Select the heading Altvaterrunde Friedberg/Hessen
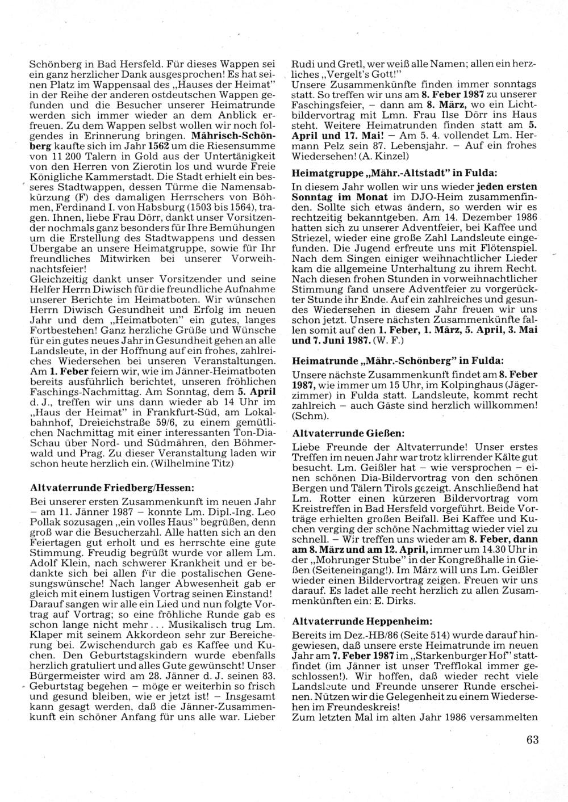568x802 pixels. pyautogui.click(x=106, y=488)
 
